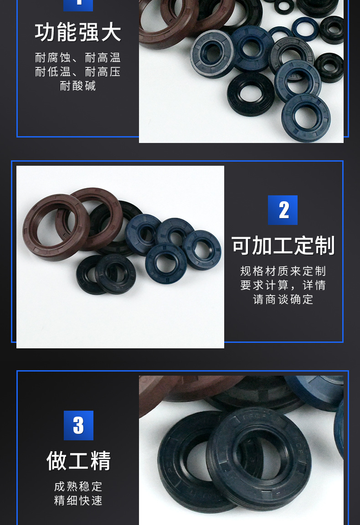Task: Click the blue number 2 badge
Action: (x=283, y=210)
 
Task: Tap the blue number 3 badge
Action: (x=78, y=425)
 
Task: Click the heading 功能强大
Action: (x=78, y=32)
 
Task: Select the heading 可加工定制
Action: (x=283, y=245)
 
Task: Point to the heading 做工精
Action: (x=78, y=461)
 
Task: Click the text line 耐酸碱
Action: (x=78, y=86)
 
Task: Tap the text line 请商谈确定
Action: (x=283, y=299)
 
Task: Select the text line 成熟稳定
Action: (x=78, y=486)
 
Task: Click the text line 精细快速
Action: (x=78, y=500)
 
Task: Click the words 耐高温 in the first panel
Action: (x=103, y=57)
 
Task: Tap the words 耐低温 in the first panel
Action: (x=53, y=71)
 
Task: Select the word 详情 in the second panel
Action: (x=314, y=285)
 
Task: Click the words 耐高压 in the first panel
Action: (x=103, y=71)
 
